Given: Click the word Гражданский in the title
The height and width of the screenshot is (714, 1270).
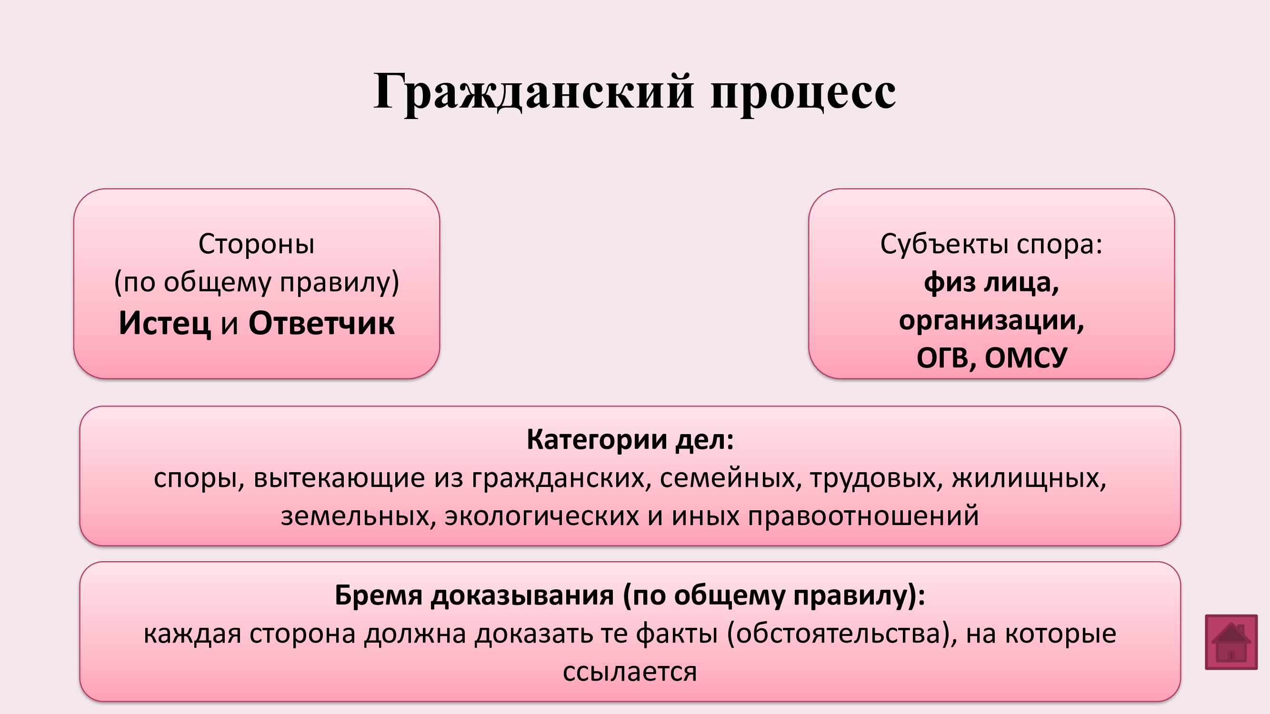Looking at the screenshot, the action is click(x=534, y=93).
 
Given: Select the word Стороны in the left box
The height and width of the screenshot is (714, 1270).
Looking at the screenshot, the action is click(x=256, y=244).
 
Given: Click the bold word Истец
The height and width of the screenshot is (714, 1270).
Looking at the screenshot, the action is click(x=165, y=324).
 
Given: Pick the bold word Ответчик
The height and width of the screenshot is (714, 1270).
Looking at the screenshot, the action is click(x=321, y=323).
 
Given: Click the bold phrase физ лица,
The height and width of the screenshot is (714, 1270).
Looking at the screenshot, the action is click(x=991, y=283).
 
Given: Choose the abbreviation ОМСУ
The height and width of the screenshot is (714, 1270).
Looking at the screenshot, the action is click(x=1026, y=358).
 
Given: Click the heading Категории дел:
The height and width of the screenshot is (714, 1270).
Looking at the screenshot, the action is click(x=630, y=439).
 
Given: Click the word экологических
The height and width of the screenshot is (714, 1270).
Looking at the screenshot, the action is click(x=542, y=516).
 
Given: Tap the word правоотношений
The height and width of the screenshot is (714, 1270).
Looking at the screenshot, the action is click(x=863, y=516).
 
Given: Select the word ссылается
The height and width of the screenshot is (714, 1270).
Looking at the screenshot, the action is click(x=630, y=672).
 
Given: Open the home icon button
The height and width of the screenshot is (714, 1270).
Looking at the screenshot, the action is click(x=1231, y=642).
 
